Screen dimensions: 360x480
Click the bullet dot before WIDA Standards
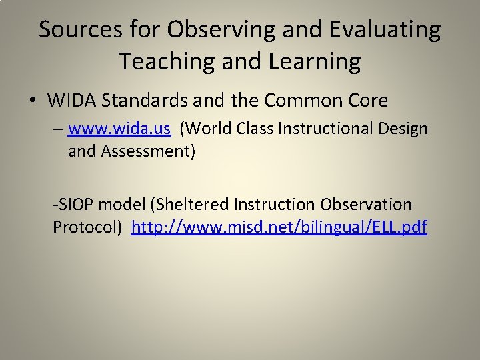point(33,101)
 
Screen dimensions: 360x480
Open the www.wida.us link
point(119,129)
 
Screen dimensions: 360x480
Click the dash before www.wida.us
point(59,129)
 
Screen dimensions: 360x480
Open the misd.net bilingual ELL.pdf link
point(279,227)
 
